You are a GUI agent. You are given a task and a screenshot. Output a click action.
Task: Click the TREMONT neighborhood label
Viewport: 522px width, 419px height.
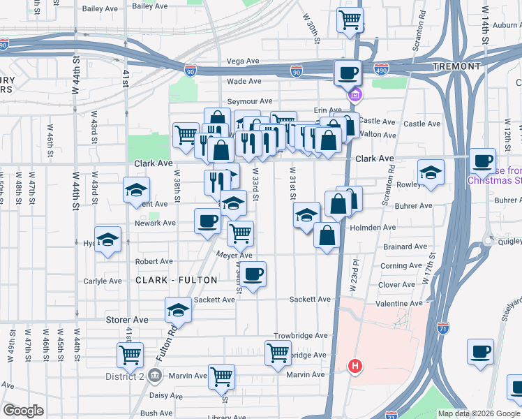click(457, 66)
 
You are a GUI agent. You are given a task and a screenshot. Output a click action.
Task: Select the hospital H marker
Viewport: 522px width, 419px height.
click(355, 365)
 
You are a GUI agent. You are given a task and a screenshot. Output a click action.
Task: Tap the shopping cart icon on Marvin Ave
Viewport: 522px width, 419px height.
click(222, 376)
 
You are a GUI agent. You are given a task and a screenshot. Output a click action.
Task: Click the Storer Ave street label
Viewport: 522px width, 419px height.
click(127, 320)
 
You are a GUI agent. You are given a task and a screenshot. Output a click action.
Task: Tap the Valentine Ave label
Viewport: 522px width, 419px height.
click(399, 304)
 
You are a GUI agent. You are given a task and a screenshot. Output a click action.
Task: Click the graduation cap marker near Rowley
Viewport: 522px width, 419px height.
click(431, 173)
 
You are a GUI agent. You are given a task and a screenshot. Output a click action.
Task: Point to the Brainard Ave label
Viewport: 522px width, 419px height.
click(405, 247)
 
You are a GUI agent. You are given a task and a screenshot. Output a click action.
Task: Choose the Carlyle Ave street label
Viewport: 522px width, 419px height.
click(103, 281)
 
